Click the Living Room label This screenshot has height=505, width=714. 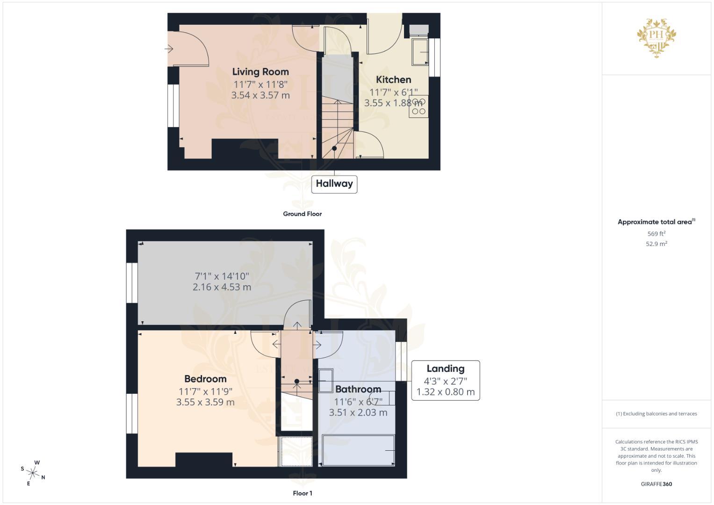coord(260,72)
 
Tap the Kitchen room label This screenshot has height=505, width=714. coord(393,80)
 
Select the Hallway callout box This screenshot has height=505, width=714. coord(334,184)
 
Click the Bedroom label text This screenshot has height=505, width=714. coord(205,379)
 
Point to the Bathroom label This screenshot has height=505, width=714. coord(358,390)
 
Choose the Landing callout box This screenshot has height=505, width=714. coord(445,380)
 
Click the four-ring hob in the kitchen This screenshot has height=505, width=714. coord(418,106)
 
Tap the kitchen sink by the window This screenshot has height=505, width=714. coord(420,52)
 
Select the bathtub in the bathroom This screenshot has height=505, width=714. coord(358,450)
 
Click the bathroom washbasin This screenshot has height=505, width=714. coord(326,380)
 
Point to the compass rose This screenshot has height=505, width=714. coord(33,472)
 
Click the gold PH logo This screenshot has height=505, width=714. coord(656,36)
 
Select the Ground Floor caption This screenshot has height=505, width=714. coord(302,214)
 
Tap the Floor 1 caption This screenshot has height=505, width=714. coord(302,493)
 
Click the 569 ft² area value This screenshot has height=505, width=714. coord(656,234)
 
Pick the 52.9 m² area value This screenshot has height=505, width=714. coord(656,244)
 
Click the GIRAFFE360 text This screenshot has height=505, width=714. coord(656,484)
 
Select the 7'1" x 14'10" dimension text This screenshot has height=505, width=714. coord(222,276)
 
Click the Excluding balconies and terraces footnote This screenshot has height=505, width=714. coord(656,414)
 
